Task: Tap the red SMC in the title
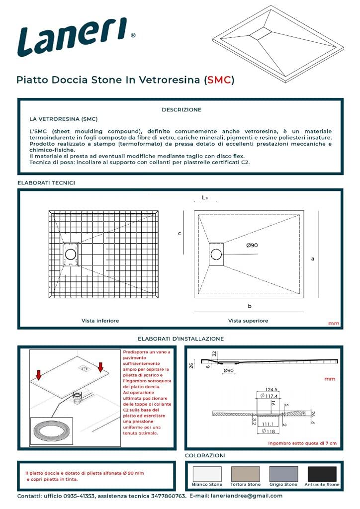point(219,80)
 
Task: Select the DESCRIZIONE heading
point(181,110)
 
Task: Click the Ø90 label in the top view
point(252,246)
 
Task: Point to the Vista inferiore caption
point(100,321)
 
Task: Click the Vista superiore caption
point(248,321)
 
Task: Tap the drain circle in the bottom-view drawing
point(71,254)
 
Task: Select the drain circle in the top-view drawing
point(216,254)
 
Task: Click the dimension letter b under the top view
point(249,306)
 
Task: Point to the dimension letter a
point(313,258)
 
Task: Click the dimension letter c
point(180,234)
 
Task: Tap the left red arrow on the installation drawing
point(39,375)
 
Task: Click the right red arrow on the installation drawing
point(100,367)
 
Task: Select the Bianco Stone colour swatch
point(207,474)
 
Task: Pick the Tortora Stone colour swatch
point(246,474)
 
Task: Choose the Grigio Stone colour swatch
point(284,474)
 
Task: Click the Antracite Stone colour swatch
point(322,474)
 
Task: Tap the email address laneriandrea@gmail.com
point(247,496)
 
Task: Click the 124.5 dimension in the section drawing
point(271,390)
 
